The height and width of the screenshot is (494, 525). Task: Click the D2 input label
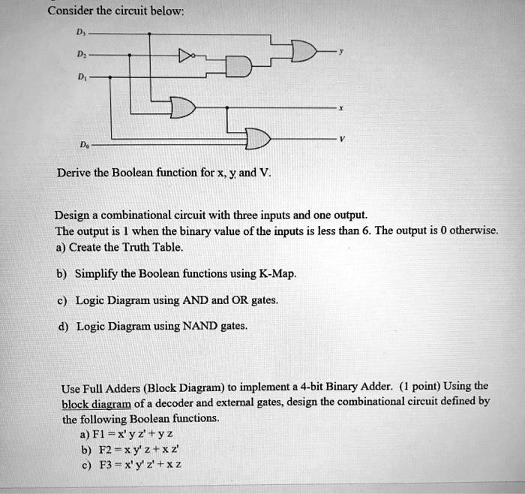point(81,54)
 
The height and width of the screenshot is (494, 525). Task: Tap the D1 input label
point(81,77)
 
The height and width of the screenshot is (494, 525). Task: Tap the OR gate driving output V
point(258,138)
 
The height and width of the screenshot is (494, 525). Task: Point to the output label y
point(340,51)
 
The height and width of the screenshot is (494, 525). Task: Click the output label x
point(340,108)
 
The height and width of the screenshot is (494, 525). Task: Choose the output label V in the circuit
point(341,138)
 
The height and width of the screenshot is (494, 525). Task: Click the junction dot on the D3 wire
point(149,34)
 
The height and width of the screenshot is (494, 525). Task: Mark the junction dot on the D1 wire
point(110,77)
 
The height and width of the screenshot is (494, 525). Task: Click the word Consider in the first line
point(70,11)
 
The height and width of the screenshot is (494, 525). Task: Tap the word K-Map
point(278,274)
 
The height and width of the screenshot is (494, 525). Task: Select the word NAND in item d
point(200,326)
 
